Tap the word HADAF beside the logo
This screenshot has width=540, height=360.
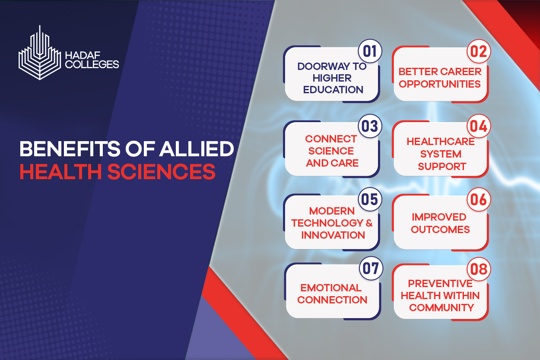[x=83, y=55]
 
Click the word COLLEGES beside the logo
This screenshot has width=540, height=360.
[x=92, y=64]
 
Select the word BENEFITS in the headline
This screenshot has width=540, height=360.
[x=70, y=148]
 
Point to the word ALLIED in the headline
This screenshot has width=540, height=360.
[x=197, y=148]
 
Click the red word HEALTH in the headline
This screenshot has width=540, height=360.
[x=61, y=171]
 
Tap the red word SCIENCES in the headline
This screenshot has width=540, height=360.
[x=161, y=171]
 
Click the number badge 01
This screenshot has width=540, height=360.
[x=370, y=51]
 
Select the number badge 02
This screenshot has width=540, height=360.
[x=479, y=51]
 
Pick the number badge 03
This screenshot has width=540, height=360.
[x=370, y=126]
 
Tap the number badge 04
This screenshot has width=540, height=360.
[x=479, y=126]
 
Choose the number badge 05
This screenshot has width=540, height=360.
[x=370, y=199]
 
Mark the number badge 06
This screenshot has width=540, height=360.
[x=479, y=199]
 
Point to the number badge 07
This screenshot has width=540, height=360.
[x=371, y=268]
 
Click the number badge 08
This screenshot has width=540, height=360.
[x=479, y=269]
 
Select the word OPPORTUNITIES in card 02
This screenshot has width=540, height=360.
[x=440, y=84]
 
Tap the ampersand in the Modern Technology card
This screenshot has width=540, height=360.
[x=369, y=223]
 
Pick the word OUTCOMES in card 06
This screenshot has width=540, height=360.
[x=440, y=230]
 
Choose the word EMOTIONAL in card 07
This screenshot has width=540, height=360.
[x=331, y=288]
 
